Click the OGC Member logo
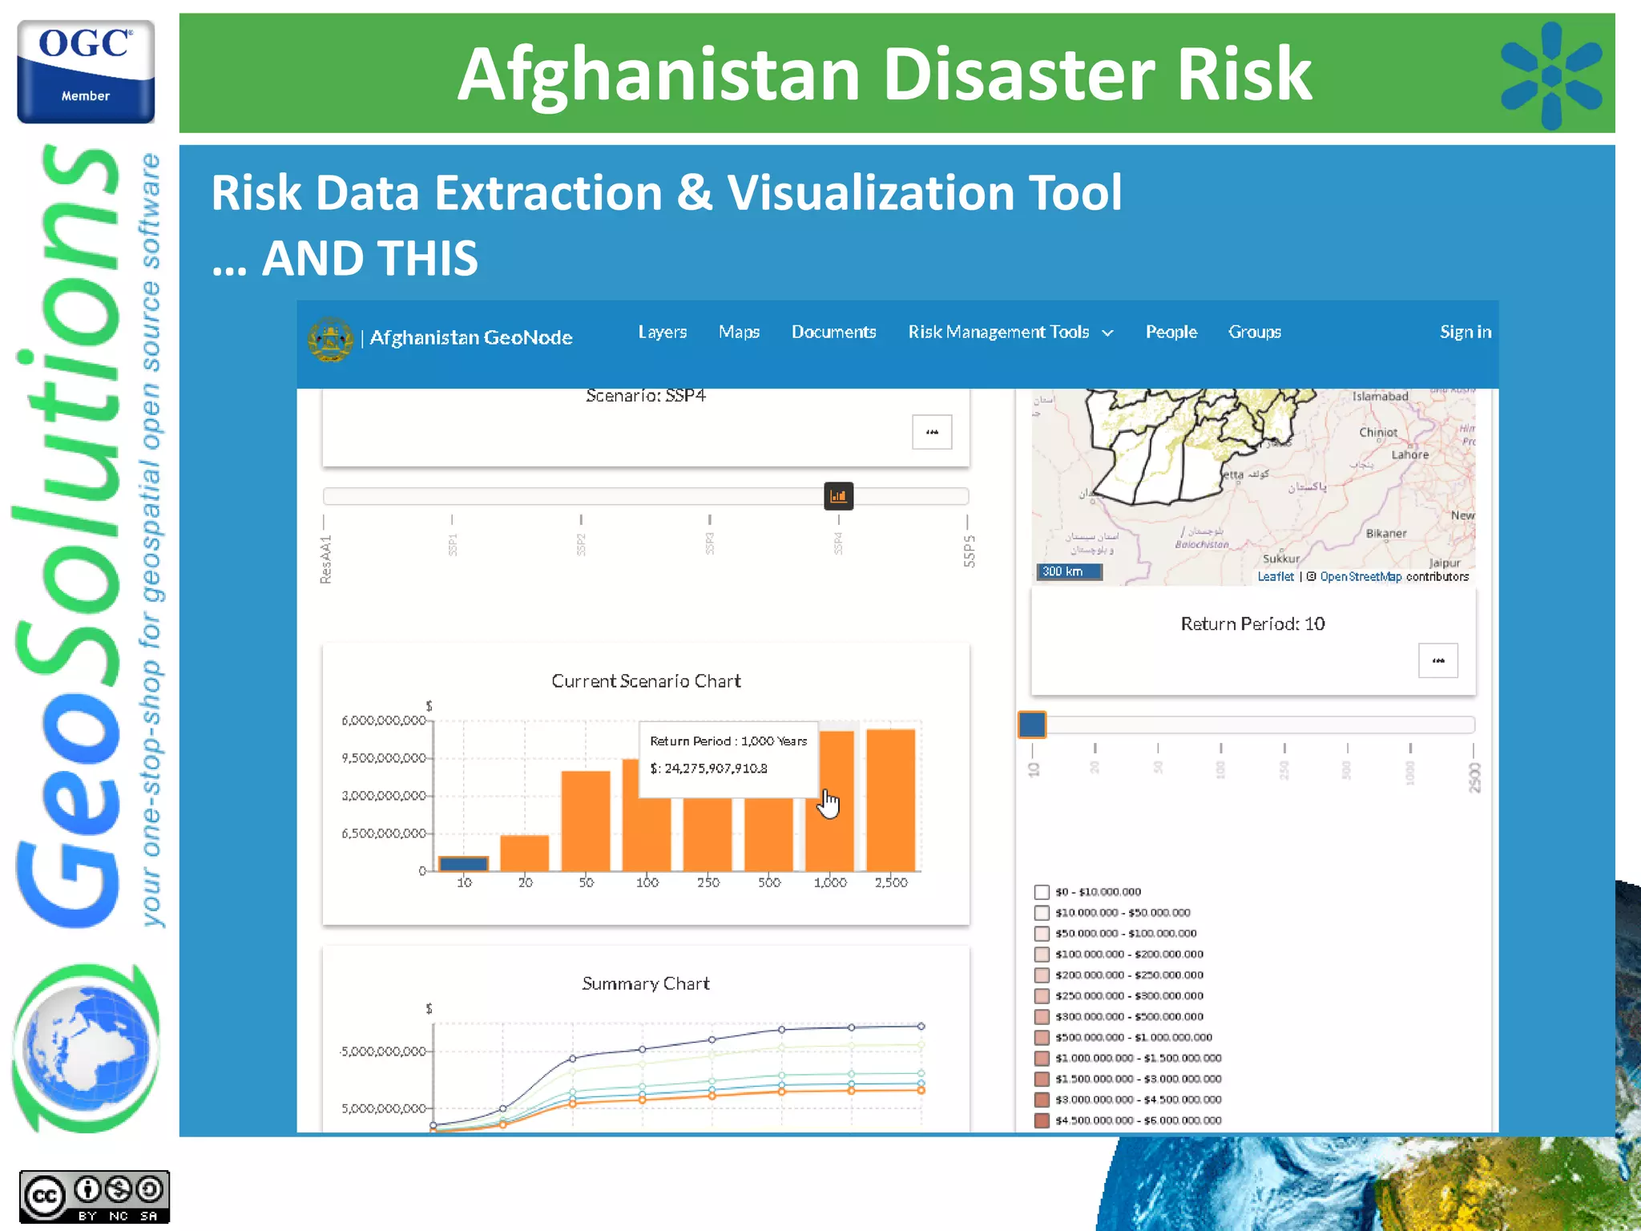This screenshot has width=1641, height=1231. [86, 72]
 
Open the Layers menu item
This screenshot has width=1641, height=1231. [662, 332]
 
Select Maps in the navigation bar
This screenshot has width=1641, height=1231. [739, 332]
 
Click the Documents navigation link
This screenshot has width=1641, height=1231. [833, 332]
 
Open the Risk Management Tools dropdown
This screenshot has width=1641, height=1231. [1010, 332]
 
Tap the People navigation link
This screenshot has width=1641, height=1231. [1171, 332]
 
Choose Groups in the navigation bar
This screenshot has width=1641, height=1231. [1254, 332]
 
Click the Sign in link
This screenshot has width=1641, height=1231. [1465, 332]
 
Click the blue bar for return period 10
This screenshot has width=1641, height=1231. [464, 863]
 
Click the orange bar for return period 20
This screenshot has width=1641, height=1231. [525, 853]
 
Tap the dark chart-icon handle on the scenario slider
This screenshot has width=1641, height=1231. [838, 496]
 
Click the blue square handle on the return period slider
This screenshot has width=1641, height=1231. [1032, 724]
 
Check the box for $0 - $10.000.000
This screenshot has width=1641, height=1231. [1042, 892]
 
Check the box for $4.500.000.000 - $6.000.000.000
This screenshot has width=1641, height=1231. [1042, 1120]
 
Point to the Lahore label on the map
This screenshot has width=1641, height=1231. [1409, 454]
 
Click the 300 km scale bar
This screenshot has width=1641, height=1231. [1069, 571]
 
